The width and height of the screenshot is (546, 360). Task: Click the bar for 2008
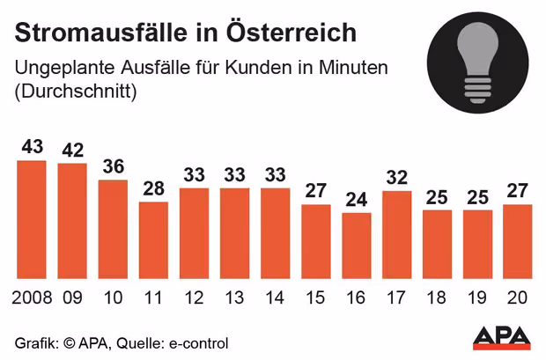[x=32, y=220]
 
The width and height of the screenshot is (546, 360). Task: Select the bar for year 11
[x=153, y=240]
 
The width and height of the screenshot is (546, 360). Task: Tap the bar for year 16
[x=357, y=246]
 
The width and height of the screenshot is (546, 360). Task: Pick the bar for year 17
[x=397, y=235]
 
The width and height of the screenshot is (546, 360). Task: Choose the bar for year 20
[x=518, y=242]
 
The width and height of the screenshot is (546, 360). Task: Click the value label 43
[x=32, y=147]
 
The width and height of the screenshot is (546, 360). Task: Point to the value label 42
[x=73, y=150]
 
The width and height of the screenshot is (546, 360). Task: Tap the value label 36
[x=114, y=166]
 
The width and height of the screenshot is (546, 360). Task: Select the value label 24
[x=357, y=200]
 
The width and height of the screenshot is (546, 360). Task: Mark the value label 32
[x=396, y=178]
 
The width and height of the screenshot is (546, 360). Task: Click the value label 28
[x=153, y=188]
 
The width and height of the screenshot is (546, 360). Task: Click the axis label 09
[x=72, y=298]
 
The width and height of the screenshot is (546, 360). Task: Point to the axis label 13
[x=234, y=298]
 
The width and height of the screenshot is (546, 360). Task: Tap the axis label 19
[x=477, y=298]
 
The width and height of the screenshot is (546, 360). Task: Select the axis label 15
[x=315, y=298]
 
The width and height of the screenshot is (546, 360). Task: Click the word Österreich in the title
[x=291, y=32]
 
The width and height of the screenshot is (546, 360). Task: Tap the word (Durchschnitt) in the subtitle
[x=76, y=92]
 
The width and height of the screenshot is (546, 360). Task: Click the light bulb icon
[x=477, y=62]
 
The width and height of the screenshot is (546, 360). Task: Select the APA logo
[x=502, y=338]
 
